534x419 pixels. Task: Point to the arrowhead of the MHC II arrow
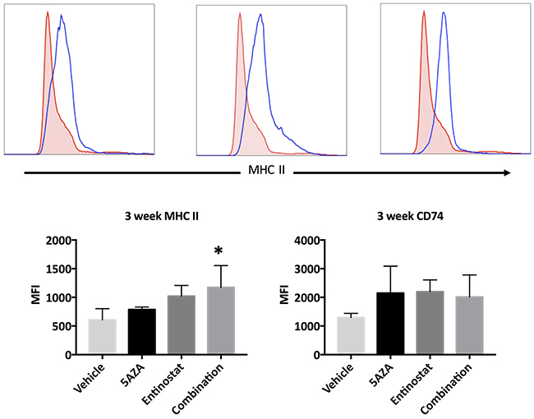click(x=505, y=173)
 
